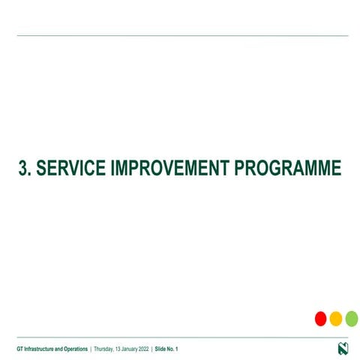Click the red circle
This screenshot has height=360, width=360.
[x=320, y=319]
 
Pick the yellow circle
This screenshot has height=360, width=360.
[x=336, y=319]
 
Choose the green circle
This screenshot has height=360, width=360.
[x=351, y=319]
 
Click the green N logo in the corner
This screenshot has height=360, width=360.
[x=343, y=349]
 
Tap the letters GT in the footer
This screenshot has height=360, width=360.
[x=20, y=349]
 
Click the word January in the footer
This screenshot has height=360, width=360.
[x=133, y=349]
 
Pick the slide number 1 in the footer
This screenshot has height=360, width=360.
[x=177, y=349]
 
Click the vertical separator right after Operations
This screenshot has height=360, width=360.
[x=91, y=349]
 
